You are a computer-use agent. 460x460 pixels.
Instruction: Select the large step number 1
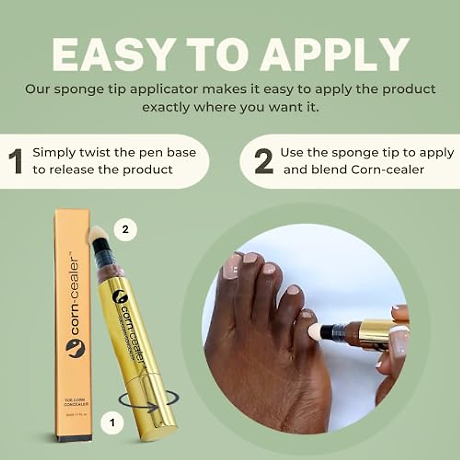point(16,161)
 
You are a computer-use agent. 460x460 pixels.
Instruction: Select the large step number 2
point(264,161)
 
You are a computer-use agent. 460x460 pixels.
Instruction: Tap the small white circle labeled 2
point(125,230)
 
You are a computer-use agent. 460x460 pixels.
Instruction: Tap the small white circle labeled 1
point(112,422)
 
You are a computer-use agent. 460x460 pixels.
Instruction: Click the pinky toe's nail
point(307,315)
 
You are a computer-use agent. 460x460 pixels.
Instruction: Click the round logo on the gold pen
point(119,297)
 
